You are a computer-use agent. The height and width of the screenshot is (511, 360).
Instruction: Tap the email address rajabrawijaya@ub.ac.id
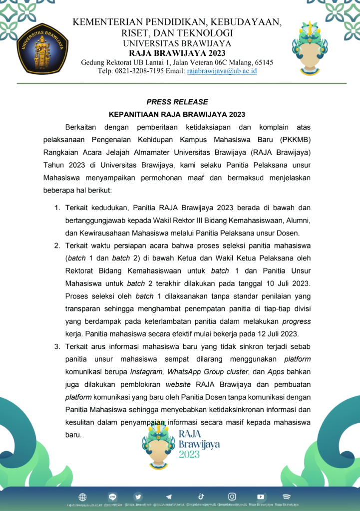pos(222,71)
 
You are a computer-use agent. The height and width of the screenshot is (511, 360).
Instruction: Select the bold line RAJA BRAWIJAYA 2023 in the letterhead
pos(177,53)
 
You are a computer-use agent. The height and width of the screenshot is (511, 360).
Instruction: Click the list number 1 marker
pos(57,207)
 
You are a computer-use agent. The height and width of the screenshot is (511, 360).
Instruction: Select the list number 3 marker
pos(57,346)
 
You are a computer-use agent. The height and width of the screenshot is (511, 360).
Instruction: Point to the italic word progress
pos(297,321)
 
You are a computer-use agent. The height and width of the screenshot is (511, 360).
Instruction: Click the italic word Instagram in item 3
pos(146,372)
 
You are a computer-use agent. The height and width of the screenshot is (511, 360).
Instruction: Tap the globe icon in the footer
pos(82,497)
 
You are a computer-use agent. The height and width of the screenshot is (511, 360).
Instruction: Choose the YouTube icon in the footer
pos(261,497)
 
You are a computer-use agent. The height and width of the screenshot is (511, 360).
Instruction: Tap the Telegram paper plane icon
pos(169,497)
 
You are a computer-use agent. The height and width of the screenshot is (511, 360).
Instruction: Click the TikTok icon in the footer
pos(201,497)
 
